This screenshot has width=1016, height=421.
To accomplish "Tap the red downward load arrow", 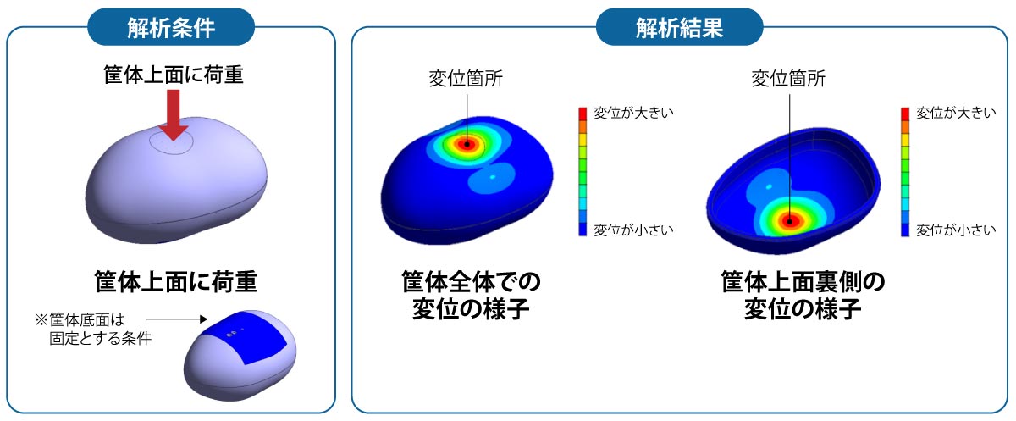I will pyautogui.click(x=174, y=115).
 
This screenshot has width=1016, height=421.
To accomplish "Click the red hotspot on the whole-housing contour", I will pyautogui.click(x=464, y=144).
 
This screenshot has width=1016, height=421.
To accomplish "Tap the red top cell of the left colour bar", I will pyautogui.click(x=583, y=113).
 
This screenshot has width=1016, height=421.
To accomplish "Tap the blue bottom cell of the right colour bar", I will pyautogui.click(x=906, y=230).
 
